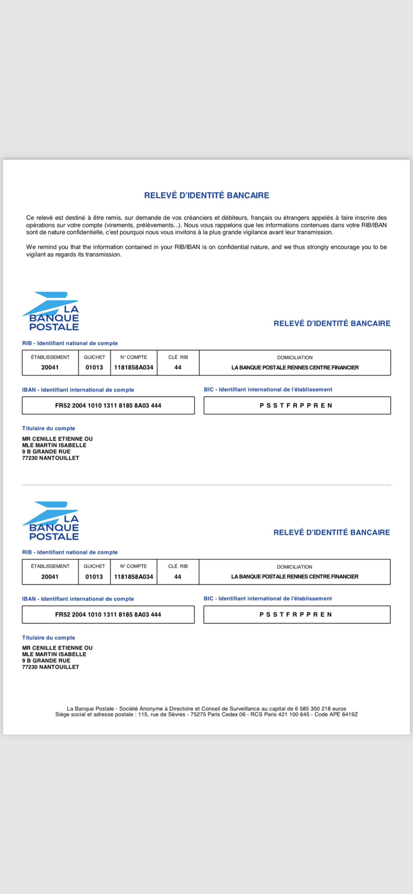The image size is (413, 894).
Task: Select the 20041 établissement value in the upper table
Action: tap(50, 367)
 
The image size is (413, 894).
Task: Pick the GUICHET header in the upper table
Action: tap(94, 357)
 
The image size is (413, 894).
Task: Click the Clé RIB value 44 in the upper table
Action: tap(178, 367)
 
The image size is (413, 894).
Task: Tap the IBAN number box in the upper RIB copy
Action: tap(108, 405)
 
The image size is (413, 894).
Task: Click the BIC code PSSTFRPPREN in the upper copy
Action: tap(296, 405)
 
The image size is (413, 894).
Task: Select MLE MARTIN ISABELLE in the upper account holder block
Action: tap(54, 445)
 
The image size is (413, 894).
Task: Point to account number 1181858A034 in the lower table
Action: tap(134, 577)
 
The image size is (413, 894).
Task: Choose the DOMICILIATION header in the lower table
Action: tap(294, 567)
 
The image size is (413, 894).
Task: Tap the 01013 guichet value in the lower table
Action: tap(94, 577)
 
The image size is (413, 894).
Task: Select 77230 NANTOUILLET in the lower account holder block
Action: tap(51, 667)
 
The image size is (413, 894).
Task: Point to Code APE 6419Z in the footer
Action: tap(336, 714)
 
